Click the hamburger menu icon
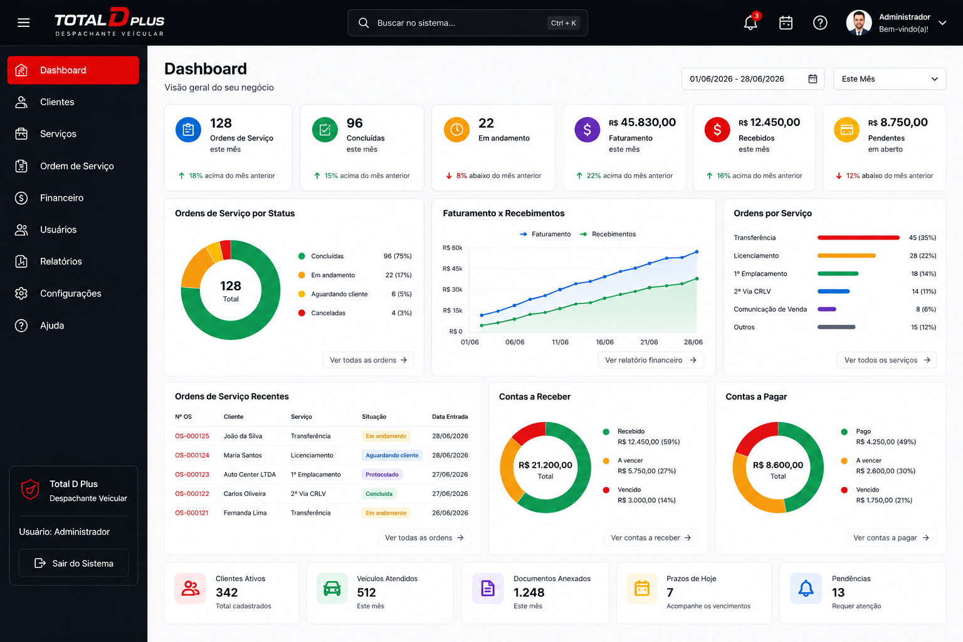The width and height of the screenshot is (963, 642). coord(24,23)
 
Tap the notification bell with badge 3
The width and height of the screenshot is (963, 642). coord(751,22)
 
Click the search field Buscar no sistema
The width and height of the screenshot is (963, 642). coord(467,23)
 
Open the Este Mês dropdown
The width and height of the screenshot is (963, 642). coord(890,79)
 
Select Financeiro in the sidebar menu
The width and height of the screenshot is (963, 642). coord(61,197)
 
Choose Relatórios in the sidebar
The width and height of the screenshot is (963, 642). coord(61,261)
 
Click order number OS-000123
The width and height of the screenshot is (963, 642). coord(192,475)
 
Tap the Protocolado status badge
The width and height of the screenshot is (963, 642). coord(382,475)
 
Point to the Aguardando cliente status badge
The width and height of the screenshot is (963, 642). coord(392,455)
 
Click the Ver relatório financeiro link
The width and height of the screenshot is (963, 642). coord(650,360)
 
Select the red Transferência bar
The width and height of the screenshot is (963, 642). coord(858,238)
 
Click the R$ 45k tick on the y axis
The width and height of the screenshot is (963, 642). coord(452,269)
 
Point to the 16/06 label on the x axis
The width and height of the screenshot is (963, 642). coord(604,342)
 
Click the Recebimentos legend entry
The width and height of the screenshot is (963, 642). coord(608,234)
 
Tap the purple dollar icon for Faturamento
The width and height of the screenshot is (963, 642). coord(587,129)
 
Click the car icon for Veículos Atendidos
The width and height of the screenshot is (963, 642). coord(332,588)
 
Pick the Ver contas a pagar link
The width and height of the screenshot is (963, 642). coord(891,537)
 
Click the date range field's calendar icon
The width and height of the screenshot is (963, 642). coord(813,79)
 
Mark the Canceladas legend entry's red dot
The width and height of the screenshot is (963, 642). coord(302,313)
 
